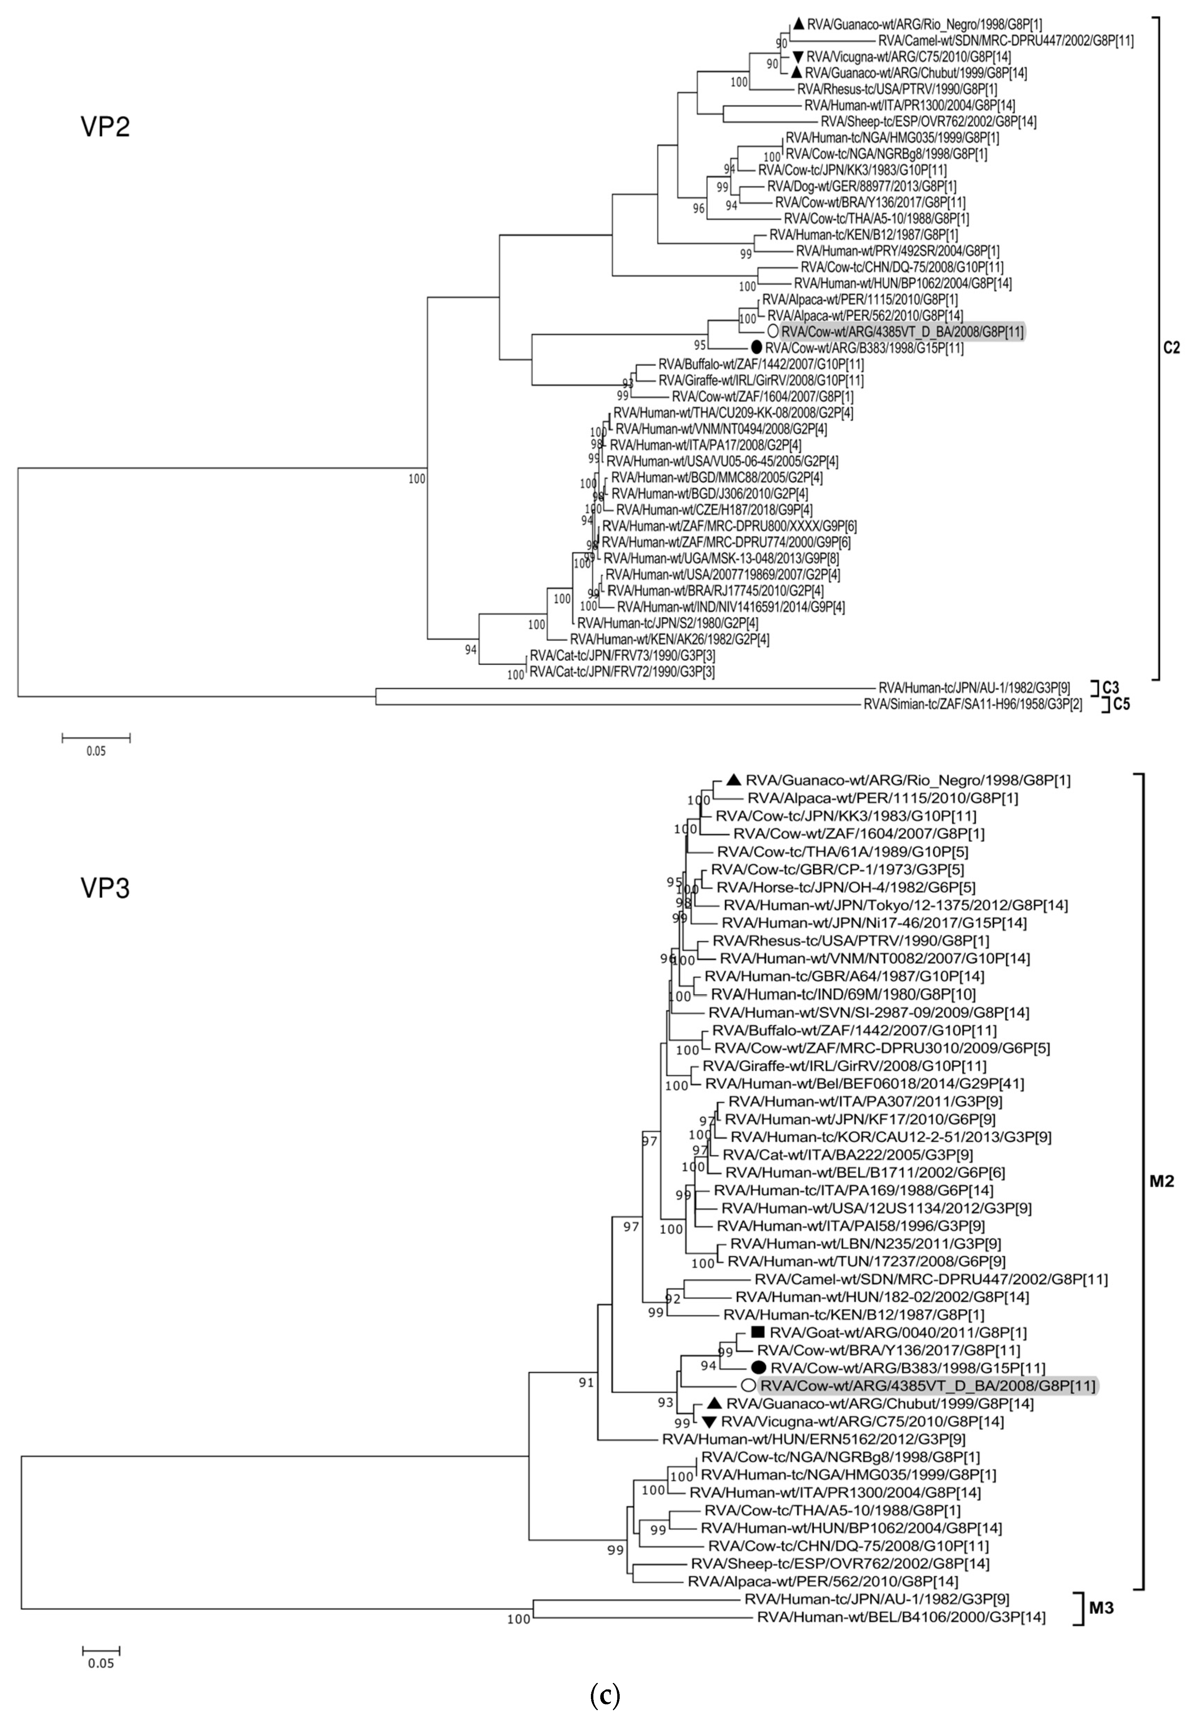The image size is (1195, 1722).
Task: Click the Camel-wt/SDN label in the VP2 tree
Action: tap(1002, 41)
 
